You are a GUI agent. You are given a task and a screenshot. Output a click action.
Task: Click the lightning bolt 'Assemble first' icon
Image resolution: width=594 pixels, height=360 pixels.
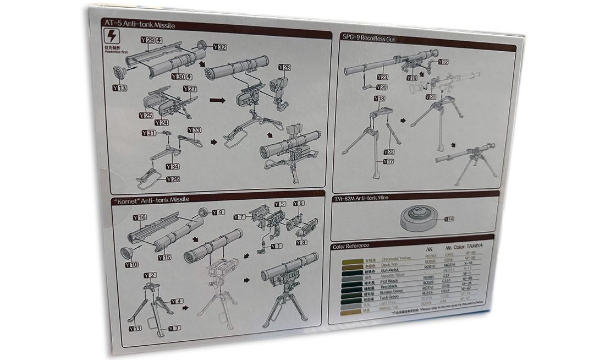112,37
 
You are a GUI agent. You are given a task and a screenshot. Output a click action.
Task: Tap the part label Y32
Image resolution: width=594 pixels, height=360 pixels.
218,47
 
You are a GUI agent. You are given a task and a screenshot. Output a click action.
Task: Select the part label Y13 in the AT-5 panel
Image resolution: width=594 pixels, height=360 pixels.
119,88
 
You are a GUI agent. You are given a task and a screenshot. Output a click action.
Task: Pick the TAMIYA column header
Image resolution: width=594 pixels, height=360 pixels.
474,249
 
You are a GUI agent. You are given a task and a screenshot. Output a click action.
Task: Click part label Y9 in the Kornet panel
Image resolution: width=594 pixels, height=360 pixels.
218,212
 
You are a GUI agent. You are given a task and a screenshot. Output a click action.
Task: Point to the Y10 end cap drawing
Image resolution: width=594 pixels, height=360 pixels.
127,253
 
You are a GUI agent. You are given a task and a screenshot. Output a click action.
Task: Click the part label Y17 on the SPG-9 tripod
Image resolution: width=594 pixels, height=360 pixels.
388,161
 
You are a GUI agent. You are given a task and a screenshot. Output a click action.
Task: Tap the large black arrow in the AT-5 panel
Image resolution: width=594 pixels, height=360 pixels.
218,101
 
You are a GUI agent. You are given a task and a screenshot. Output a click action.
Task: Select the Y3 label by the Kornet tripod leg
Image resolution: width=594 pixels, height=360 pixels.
174,329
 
